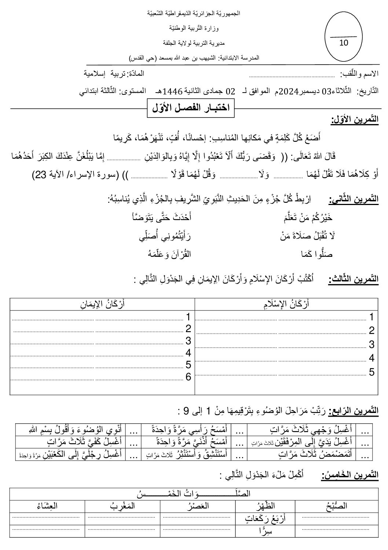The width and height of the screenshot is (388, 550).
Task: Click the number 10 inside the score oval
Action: (344, 43)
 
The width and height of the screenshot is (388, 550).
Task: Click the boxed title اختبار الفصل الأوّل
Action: (191, 108)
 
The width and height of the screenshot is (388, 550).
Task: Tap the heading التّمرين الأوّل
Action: (355, 120)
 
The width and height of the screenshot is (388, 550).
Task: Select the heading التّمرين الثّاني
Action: (354, 199)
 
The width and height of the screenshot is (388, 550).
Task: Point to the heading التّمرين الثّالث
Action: (354, 279)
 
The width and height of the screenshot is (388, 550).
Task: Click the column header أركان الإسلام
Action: (286, 304)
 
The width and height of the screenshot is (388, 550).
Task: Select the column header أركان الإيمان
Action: (102, 304)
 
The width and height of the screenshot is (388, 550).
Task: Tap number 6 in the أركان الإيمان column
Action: (188, 377)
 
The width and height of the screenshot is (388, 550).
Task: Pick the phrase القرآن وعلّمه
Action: (169, 254)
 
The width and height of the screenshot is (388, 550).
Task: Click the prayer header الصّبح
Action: (336, 506)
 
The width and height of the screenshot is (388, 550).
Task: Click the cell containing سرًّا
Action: (264, 531)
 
